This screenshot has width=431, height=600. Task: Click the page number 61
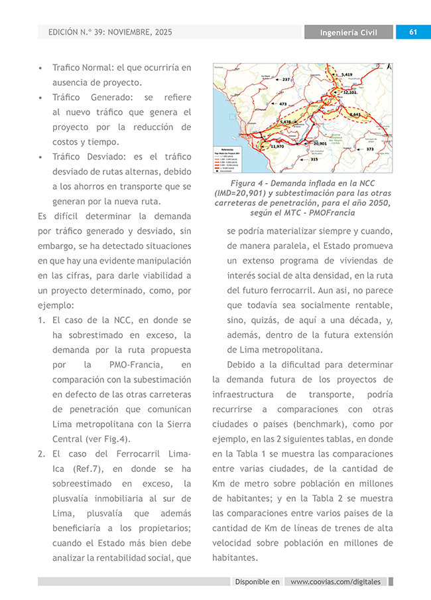(x=412, y=33)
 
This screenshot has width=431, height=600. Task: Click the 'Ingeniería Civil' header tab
(x=349, y=33)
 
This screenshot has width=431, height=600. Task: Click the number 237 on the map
(x=286, y=79)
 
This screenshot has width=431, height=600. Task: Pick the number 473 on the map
(x=282, y=104)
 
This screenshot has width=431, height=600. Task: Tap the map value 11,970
(x=277, y=146)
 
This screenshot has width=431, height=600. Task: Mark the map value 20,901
(x=320, y=143)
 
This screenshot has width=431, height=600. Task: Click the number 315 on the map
(x=314, y=159)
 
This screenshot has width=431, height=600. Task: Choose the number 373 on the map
(x=369, y=149)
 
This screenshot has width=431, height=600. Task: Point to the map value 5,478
(x=285, y=122)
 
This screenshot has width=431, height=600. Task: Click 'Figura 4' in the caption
(x=246, y=183)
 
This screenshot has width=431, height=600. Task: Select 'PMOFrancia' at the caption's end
(x=332, y=213)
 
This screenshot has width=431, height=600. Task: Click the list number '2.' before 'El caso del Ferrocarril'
(x=41, y=454)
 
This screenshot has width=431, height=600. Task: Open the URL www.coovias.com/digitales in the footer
(x=336, y=581)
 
